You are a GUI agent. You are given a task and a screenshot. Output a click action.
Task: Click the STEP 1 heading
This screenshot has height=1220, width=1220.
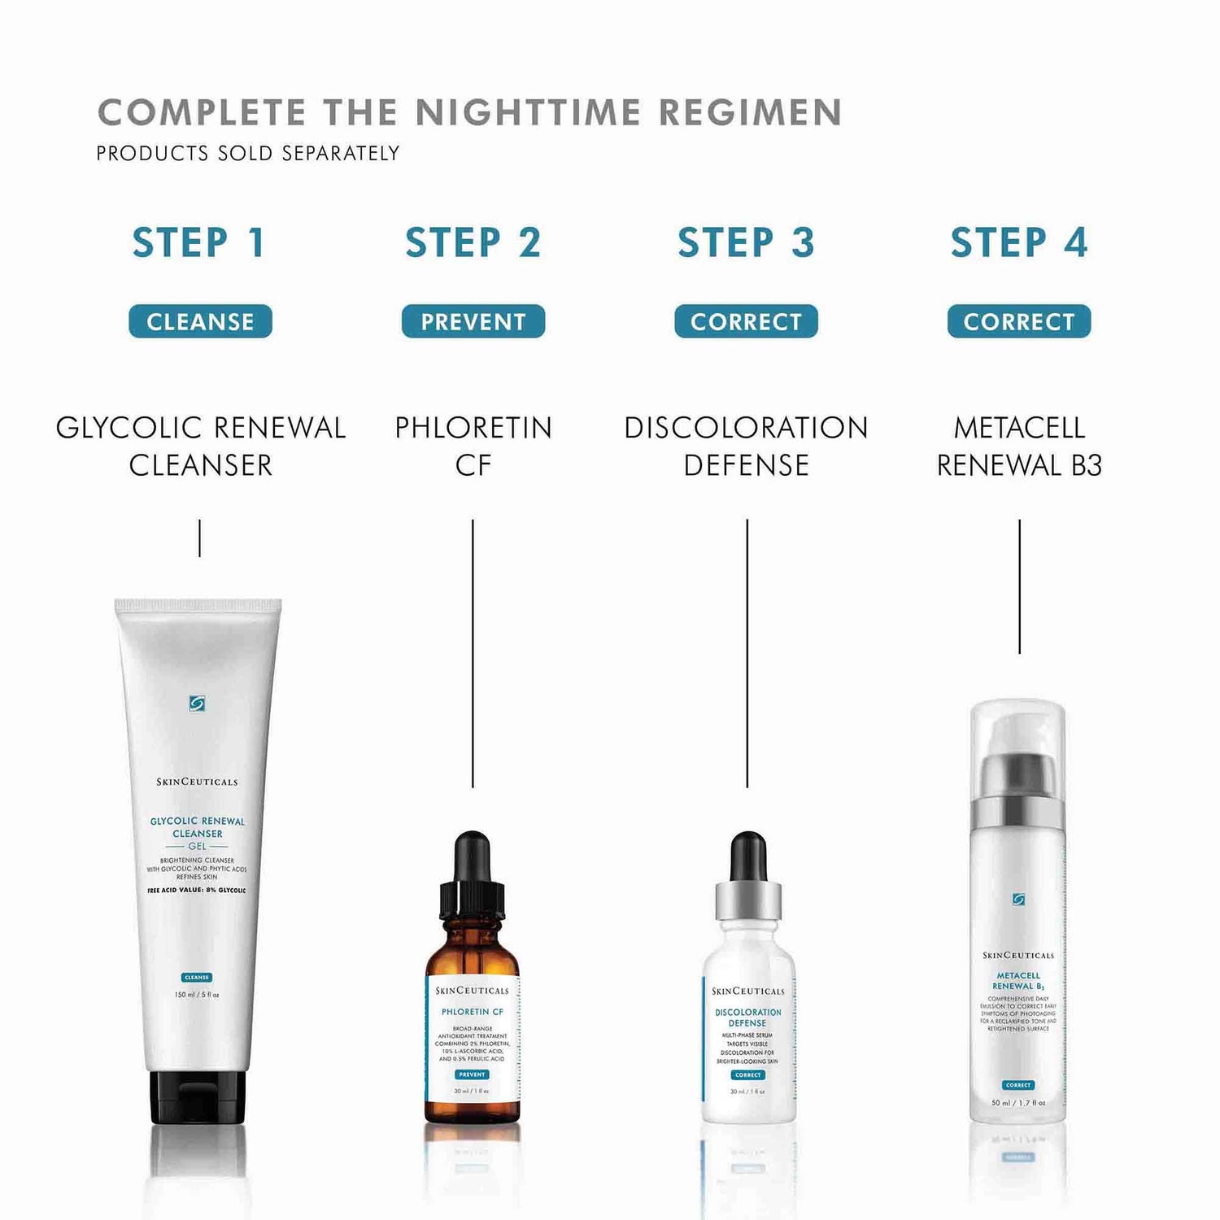[199, 242]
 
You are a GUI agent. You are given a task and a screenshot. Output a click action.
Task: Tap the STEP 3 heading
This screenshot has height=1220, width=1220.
[746, 242]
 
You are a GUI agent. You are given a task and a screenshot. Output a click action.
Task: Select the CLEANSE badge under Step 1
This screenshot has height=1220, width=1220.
[200, 321]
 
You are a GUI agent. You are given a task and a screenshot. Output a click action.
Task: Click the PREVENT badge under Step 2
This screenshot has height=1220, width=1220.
[473, 321]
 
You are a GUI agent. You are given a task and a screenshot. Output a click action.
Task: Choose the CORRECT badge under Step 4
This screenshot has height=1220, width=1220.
[1018, 321]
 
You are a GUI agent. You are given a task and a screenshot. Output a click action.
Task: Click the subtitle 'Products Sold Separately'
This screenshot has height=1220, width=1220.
[248, 153]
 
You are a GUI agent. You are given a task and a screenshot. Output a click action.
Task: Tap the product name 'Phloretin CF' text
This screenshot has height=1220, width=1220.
[473, 446]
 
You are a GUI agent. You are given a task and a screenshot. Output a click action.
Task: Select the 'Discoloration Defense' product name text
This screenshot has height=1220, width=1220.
[746, 446]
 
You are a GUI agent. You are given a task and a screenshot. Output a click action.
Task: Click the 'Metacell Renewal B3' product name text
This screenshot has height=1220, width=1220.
[1019, 446]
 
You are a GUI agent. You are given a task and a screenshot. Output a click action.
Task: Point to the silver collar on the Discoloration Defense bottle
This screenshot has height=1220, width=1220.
[748, 898]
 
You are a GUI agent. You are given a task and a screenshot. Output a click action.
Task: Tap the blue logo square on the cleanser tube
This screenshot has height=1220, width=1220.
[197, 704]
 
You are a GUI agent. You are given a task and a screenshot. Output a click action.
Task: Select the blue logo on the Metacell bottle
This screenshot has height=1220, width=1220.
[1018, 900]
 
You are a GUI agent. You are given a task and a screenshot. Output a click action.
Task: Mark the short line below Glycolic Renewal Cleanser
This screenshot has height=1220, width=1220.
[199, 538]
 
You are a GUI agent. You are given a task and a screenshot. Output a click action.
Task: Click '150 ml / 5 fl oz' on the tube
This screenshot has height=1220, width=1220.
[197, 995]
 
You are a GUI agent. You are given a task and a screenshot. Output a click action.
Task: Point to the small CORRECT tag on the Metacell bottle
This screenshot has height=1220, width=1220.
[1018, 1085]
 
